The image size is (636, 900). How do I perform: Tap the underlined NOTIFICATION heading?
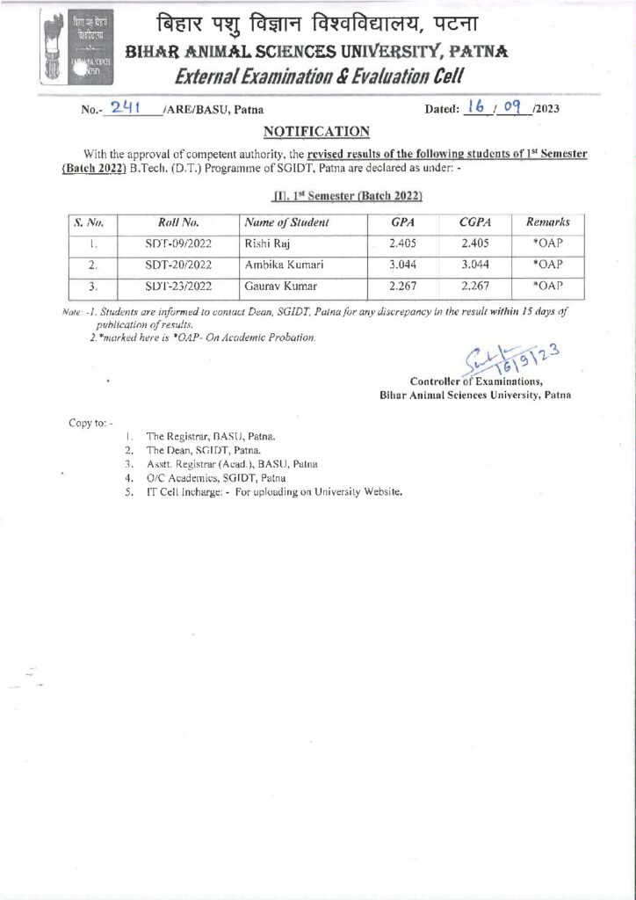click(x=317, y=132)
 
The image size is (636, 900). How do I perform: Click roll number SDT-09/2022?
click(x=178, y=243)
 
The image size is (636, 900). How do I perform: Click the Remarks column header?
click(x=547, y=223)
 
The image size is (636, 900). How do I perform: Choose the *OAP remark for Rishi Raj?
click(x=547, y=243)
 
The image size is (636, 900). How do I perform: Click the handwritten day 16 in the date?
click(x=477, y=107)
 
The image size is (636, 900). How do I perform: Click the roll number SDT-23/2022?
click(x=178, y=285)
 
